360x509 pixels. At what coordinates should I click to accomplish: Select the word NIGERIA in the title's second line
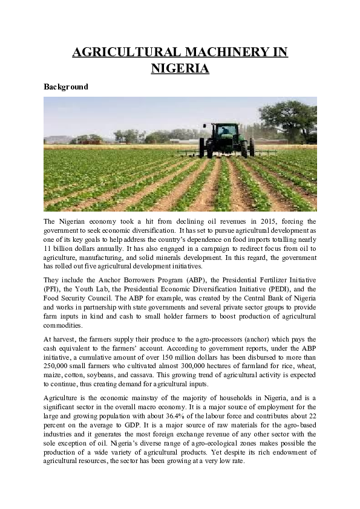pyautogui.click(x=180, y=69)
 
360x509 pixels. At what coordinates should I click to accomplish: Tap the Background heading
pyautogui.click(x=66, y=86)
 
